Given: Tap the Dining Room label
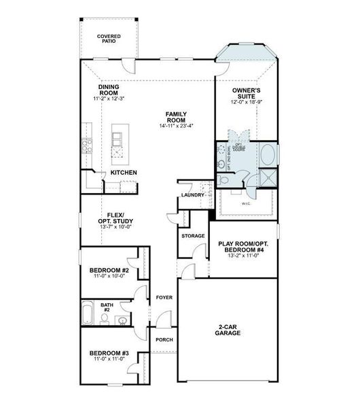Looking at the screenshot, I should [x=109, y=91].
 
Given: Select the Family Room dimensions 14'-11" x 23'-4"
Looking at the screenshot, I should [x=176, y=126].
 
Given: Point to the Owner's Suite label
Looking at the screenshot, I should [x=247, y=95].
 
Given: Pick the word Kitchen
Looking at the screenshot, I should [x=124, y=173].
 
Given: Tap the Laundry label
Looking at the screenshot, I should [x=192, y=196].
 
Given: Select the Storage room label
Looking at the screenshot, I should [x=193, y=235].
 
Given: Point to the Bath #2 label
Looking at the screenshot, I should [x=107, y=309].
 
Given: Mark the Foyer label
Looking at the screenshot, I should [x=164, y=297].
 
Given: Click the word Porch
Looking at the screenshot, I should [x=164, y=339].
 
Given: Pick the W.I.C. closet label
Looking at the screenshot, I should [x=245, y=203].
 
